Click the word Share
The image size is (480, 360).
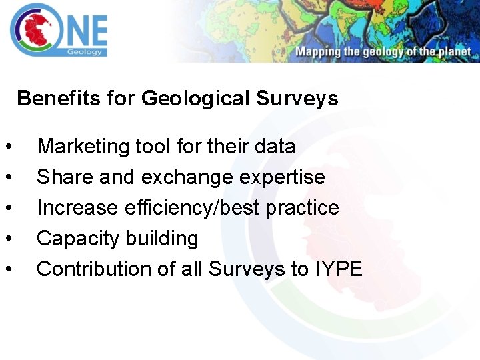(57, 177)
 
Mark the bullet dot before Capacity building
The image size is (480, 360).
(8, 239)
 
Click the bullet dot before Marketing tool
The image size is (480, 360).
(8, 147)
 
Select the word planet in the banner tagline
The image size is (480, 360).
(455, 52)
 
